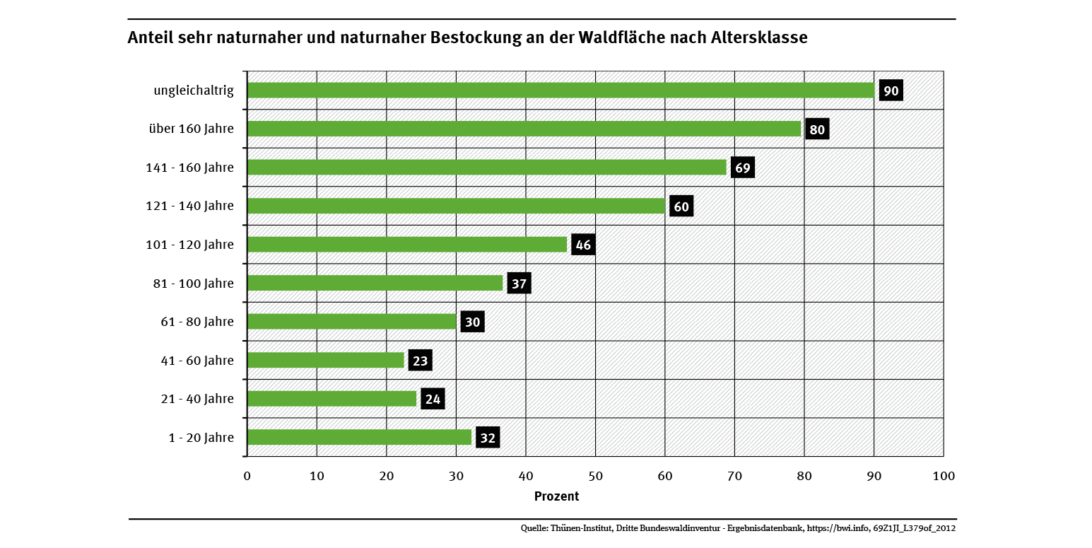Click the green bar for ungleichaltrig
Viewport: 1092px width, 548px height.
(560, 91)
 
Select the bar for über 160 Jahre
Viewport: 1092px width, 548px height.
(524, 129)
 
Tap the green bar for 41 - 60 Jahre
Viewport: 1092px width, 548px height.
(326, 361)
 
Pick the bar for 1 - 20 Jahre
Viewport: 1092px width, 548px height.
(359, 438)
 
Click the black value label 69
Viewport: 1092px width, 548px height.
(742, 168)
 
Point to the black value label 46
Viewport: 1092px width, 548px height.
(582, 245)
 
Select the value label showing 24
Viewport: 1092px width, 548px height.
(433, 400)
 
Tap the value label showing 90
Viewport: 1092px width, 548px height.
(891, 91)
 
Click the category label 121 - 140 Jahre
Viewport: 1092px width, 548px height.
(189, 206)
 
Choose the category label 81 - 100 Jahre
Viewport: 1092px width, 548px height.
(193, 284)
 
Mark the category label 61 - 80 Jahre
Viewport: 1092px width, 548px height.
(196, 322)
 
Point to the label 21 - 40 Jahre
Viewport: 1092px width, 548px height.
(196, 399)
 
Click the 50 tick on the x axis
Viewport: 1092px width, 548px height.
(595, 476)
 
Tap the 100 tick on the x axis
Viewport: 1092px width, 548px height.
(943, 476)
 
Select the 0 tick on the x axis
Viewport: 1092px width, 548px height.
(247, 476)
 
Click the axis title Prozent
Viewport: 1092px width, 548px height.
(556, 496)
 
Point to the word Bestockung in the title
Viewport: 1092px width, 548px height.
(474, 38)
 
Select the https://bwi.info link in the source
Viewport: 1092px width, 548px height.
(838, 528)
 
